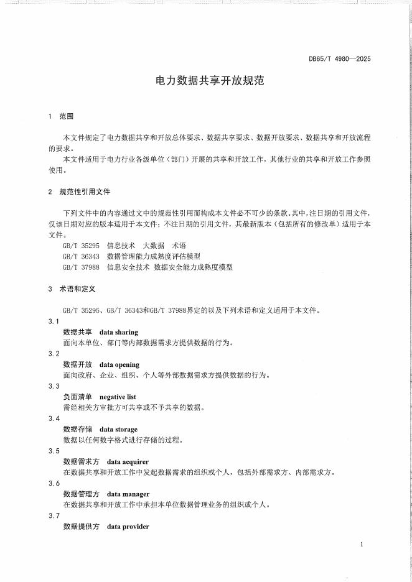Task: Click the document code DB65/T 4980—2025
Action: [340, 59]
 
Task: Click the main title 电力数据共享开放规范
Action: [205, 81]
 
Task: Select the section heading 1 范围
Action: [61, 116]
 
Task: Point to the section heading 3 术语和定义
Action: [72, 289]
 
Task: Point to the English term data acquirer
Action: [128, 462]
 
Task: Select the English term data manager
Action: [128, 494]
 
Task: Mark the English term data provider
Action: [128, 527]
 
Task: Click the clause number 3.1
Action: [54, 321]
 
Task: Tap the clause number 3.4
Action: [54, 418]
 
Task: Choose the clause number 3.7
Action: [54, 516]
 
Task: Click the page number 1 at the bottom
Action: [361, 545]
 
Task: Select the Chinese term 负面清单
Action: [78, 397]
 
